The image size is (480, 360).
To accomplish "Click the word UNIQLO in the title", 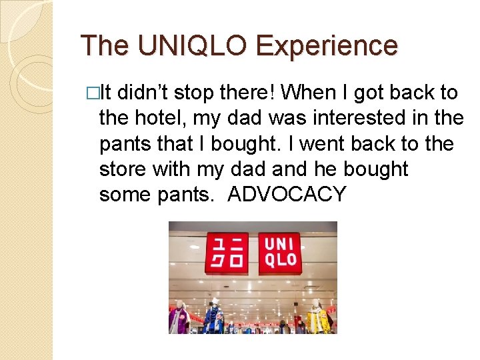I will coord(192,45).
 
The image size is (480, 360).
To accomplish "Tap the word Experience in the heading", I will coord(327,45).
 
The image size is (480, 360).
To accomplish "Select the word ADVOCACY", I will coord(287,195).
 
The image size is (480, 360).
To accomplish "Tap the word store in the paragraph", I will coord(123,169).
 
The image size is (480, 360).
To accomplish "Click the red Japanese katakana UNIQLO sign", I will coord(226,253).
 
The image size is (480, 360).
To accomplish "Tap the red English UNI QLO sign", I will coord(279,253).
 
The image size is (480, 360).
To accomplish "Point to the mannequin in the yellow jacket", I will coord(317,318).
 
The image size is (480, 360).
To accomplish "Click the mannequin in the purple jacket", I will coord(179,318).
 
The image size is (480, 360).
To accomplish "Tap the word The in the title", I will coord(105,45).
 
